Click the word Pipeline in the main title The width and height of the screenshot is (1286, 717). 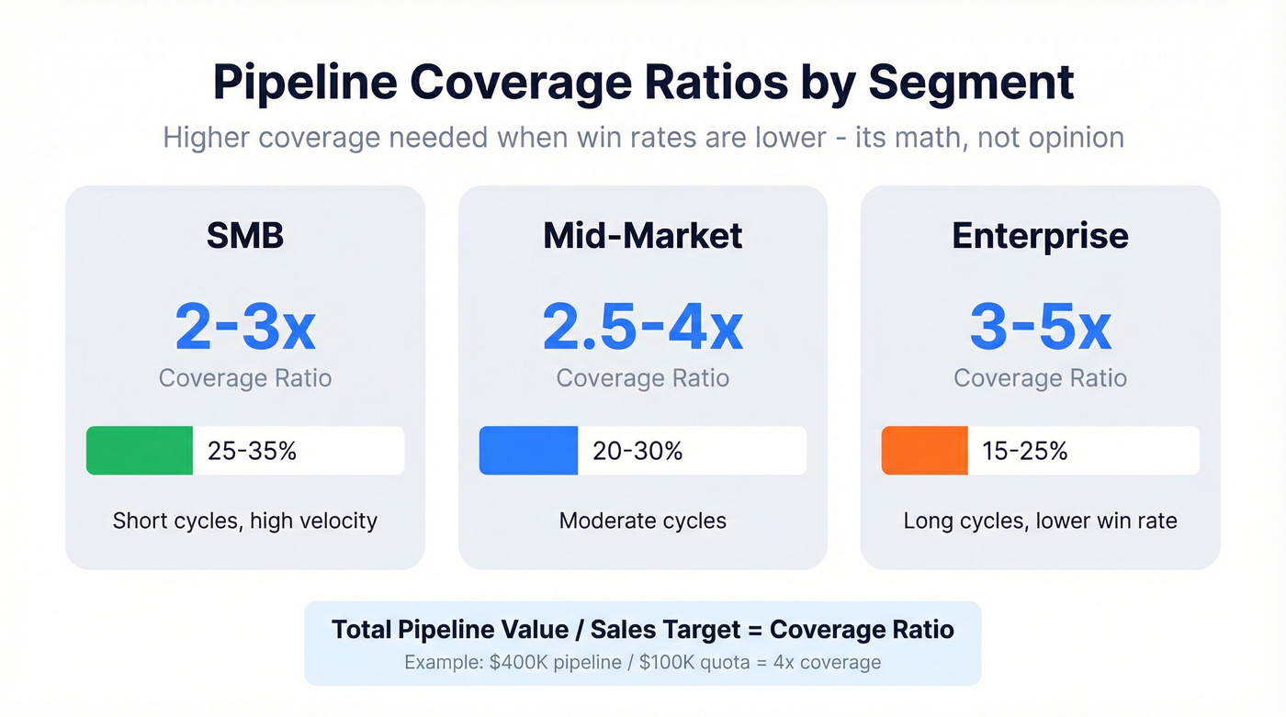point(304,82)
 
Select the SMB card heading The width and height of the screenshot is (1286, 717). point(244,236)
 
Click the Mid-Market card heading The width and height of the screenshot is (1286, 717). point(642,236)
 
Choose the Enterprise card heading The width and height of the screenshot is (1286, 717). point(1040,236)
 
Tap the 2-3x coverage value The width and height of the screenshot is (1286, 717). point(244,328)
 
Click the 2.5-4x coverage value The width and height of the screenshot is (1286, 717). point(642,328)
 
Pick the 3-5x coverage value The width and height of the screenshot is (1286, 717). point(1040,328)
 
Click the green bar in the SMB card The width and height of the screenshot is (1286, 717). point(140,451)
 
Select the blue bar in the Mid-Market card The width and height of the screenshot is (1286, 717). point(528,451)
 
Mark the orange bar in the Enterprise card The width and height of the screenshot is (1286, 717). point(924,451)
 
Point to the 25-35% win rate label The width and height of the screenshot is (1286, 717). point(252,451)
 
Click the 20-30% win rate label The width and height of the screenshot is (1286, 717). point(638,451)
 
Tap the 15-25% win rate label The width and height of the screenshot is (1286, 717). point(1024,451)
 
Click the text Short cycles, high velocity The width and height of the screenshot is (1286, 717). point(244,521)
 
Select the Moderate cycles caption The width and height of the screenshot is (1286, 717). point(642,521)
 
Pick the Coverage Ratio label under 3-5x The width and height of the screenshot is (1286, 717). point(1040,378)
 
